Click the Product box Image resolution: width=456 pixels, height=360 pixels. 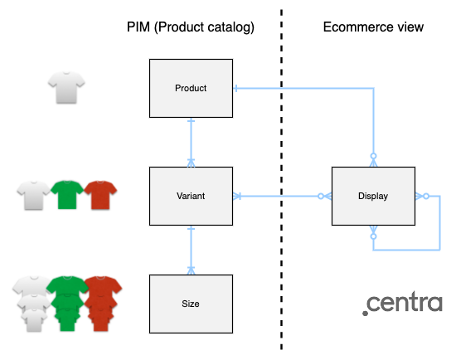point(191,88)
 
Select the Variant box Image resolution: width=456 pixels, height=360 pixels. point(191,197)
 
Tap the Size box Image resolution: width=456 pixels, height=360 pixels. point(191,304)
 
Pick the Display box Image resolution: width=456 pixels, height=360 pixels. point(373,197)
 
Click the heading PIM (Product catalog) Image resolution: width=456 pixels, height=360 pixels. point(191,27)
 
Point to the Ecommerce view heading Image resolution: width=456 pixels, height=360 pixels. point(372,27)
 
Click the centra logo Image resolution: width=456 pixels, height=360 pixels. point(402,303)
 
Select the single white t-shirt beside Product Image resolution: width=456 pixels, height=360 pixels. point(65,86)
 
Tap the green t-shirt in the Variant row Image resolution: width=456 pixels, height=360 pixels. point(67,194)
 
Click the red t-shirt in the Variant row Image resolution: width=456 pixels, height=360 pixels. point(100,194)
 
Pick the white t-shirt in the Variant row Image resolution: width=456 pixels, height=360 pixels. point(34,194)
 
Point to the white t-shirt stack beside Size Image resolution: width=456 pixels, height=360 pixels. point(32,304)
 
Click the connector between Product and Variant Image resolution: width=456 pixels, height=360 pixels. point(192,142)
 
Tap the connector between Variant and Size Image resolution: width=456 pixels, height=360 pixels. point(192,250)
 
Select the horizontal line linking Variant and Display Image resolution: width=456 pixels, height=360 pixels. point(282,197)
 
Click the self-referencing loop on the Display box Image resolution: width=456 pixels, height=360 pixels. point(438,224)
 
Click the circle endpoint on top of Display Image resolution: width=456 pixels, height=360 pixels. point(373,156)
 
